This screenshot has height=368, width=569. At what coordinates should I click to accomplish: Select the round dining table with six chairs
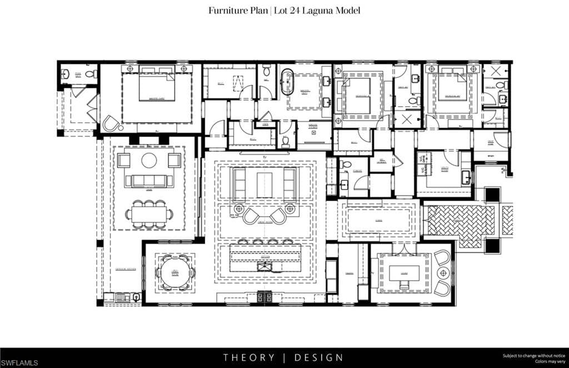click(x=175, y=272)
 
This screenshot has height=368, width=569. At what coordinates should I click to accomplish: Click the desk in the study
click(x=403, y=273)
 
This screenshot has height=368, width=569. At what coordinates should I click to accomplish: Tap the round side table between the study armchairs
click(x=443, y=273)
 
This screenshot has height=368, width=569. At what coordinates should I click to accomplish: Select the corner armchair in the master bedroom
click(x=112, y=123)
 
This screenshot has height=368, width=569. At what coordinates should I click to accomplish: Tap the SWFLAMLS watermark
click(x=20, y=362)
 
